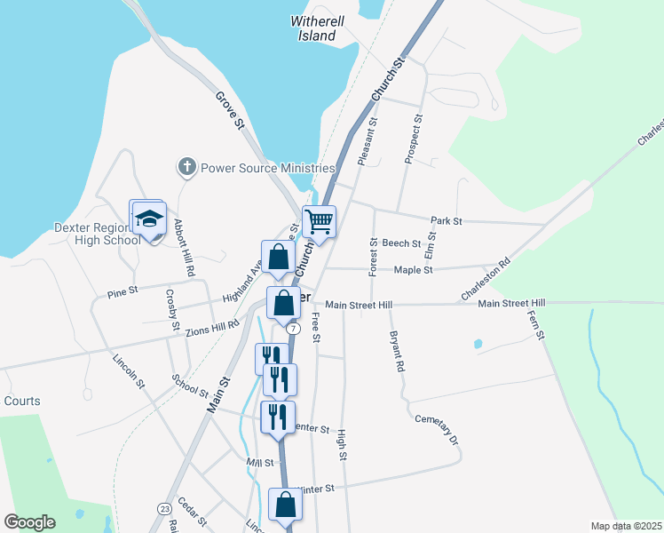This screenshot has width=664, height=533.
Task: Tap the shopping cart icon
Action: pyautogui.click(x=319, y=221)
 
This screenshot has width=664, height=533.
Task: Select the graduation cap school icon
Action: pyautogui.click(x=149, y=219)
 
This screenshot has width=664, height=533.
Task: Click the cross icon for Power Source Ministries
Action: pyautogui.click(x=186, y=166)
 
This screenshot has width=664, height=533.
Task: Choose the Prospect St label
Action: pyautogui.click(x=413, y=139)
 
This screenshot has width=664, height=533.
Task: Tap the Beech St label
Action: pyautogui.click(x=401, y=243)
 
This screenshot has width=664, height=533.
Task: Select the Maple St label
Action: pyautogui.click(x=413, y=270)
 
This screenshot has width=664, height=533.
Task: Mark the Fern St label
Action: pyautogui.click(x=535, y=324)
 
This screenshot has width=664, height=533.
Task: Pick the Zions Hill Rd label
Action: pyautogui.click(x=213, y=327)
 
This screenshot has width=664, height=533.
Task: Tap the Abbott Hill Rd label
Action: pyautogui.click(x=184, y=246)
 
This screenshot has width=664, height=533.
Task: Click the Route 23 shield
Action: pyautogui.click(x=164, y=508)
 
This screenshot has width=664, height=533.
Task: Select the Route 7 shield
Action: pyautogui.click(x=291, y=327)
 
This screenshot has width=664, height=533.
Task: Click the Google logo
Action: pyautogui.click(x=29, y=522)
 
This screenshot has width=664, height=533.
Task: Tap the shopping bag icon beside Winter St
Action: pyautogui.click(x=286, y=505)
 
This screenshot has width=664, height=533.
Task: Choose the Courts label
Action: pyautogui.click(x=21, y=401)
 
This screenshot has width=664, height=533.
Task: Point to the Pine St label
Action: pyautogui.click(x=123, y=290)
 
